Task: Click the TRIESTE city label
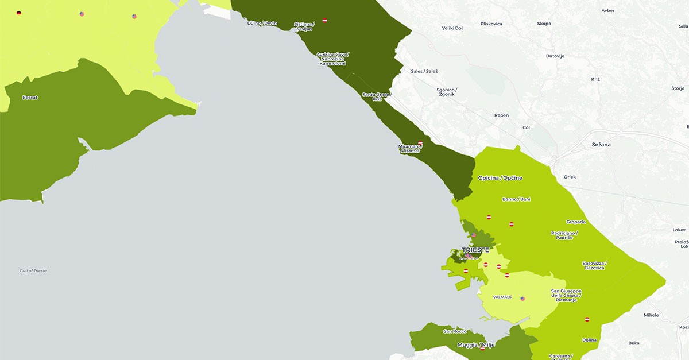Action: tap(475, 250)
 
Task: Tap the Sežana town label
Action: tap(601, 145)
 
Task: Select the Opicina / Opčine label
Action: tap(500, 178)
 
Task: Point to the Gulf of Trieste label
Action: tap(33, 270)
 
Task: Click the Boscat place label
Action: tap(30, 98)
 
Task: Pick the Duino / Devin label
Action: tap(262, 24)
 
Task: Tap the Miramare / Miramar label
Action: tap(410, 148)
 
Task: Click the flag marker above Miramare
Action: tap(420, 143)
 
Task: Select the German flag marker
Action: tap(19, 13)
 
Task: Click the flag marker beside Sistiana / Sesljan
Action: tap(325, 21)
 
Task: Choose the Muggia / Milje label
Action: tap(475, 345)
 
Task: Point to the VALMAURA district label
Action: tap(502, 297)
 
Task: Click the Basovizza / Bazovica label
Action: tap(594, 266)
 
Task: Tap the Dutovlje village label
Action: tap(555, 56)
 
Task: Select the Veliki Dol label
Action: tap(452, 28)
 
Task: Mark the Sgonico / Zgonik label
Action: tap(446, 92)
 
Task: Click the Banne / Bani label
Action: tap(516, 199)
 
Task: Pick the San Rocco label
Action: tap(455, 331)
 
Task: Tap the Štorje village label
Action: tap(678, 88)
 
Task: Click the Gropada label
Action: tap(576, 222)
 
